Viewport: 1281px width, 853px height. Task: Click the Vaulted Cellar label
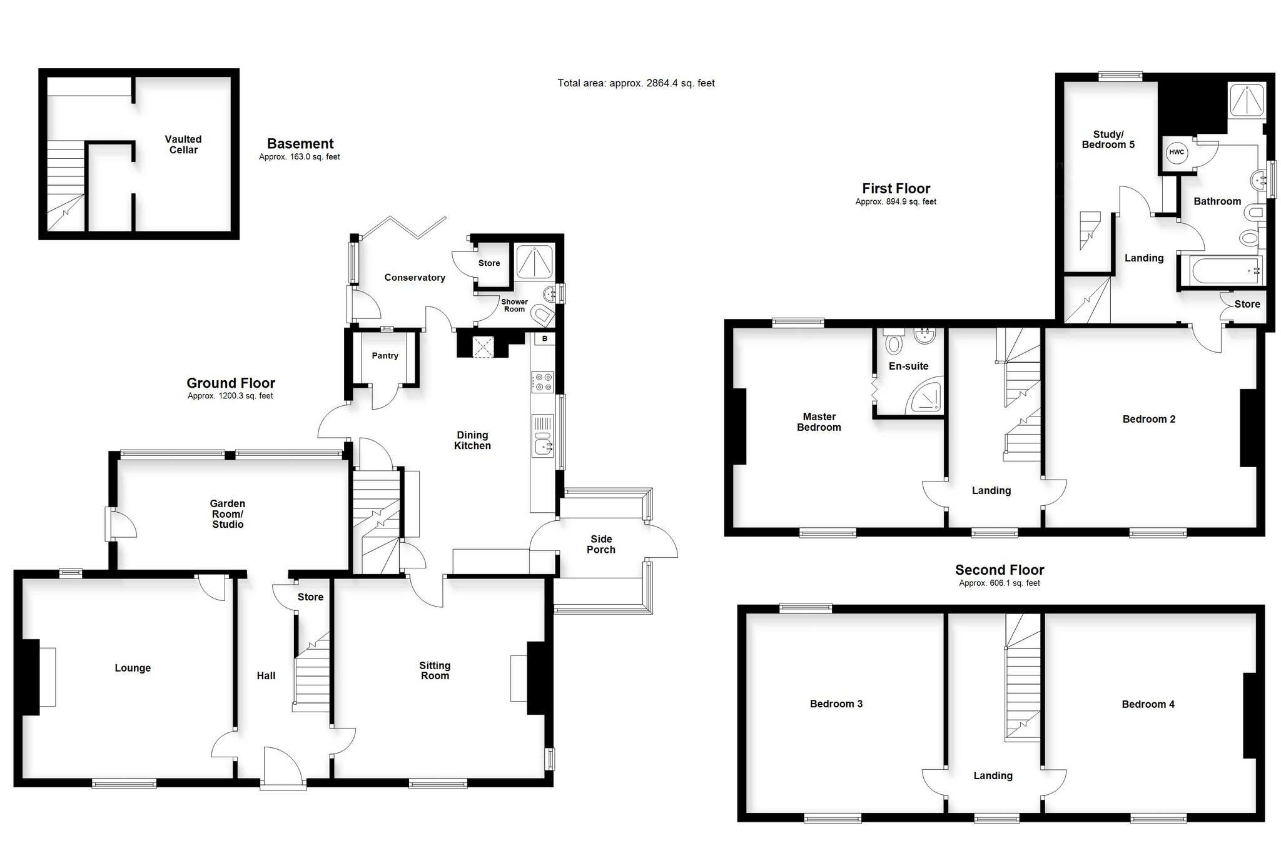(183, 144)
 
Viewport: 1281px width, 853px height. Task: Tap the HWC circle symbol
(1177, 152)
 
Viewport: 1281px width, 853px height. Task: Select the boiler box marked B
(545, 339)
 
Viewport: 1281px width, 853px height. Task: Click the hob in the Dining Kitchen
(542, 382)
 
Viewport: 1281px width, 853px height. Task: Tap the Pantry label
(385, 356)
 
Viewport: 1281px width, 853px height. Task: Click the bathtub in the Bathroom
(1220, 271)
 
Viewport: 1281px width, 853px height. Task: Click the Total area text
(636, 83)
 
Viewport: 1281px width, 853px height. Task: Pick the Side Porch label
(601, 544)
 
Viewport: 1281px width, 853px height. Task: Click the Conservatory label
(415, 278)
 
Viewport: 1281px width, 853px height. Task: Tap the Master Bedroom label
(819, 422)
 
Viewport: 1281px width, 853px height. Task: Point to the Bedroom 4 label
(1148, 704)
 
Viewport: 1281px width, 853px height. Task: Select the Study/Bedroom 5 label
(1108, 139)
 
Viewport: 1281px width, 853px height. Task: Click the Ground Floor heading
(231, 383)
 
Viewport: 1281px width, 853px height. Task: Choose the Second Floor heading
(1000, 570)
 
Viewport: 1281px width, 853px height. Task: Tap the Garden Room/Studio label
(228, 513)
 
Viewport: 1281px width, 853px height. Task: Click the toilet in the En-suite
(893, 341)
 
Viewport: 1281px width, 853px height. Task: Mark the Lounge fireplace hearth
(48, 677)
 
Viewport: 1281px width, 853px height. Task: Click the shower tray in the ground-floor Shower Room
(534, 261)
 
